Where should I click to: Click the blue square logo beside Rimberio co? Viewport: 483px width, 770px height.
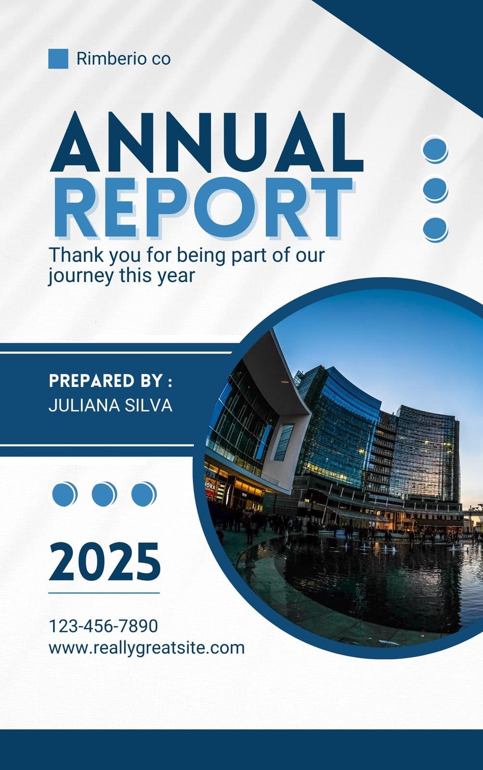tap(58, 59)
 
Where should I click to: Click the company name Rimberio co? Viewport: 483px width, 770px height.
tap(123, 58)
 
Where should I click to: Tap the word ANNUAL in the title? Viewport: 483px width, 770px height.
tap(207, 142)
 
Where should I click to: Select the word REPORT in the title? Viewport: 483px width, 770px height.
tap(203, 207)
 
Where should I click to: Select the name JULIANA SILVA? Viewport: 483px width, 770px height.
tap(110, 405)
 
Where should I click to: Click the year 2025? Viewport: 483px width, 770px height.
tap(104, 562)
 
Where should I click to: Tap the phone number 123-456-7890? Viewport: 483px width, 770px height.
tap(104, 626)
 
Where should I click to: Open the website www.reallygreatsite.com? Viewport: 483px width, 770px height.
tap(146, 648)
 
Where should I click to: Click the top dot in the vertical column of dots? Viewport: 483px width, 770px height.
tap(435, 150)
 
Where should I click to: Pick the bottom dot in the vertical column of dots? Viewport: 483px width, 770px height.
tap(435, 229)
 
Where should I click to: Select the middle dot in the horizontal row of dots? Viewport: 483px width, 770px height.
tap(104, 494)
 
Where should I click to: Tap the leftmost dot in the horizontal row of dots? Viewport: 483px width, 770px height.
tap(65, 494)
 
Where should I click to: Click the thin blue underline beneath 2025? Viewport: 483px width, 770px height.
tap(104, 593)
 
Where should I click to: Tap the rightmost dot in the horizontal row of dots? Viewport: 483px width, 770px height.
tap(144, 494)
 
